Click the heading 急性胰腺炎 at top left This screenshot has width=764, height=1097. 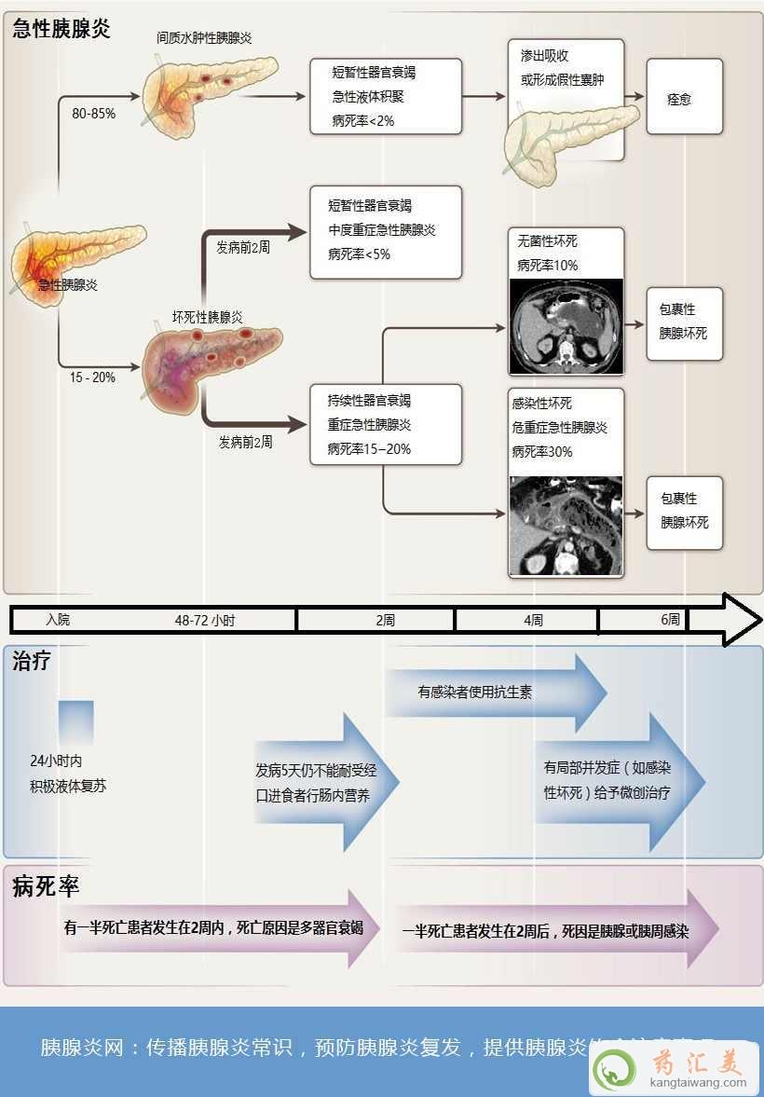(x=61, y=29)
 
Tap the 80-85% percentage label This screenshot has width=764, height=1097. (x=93, y=113)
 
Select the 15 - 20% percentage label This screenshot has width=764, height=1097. (x=92, y=377)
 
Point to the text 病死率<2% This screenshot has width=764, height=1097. (x=362, y=120)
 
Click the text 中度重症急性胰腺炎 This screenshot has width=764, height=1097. (x=381, y=229)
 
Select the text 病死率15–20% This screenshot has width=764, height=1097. (x=369, y=448)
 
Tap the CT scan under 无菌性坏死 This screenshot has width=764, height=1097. (x=566, y=327)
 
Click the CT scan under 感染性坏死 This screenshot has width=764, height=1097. (x=566, y=526)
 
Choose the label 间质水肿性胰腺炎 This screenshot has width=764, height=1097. (x=204, y=37)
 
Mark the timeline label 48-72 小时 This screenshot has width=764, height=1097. (x=205, y=620)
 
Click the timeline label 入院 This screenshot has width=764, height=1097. (x=58, y=620)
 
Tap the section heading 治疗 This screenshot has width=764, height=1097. (x=32, y=663)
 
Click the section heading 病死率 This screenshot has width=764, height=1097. (x=46, y=886)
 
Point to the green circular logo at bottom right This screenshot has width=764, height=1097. (x=616, y=1068)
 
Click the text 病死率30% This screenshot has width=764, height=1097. (x=541, y=451)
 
